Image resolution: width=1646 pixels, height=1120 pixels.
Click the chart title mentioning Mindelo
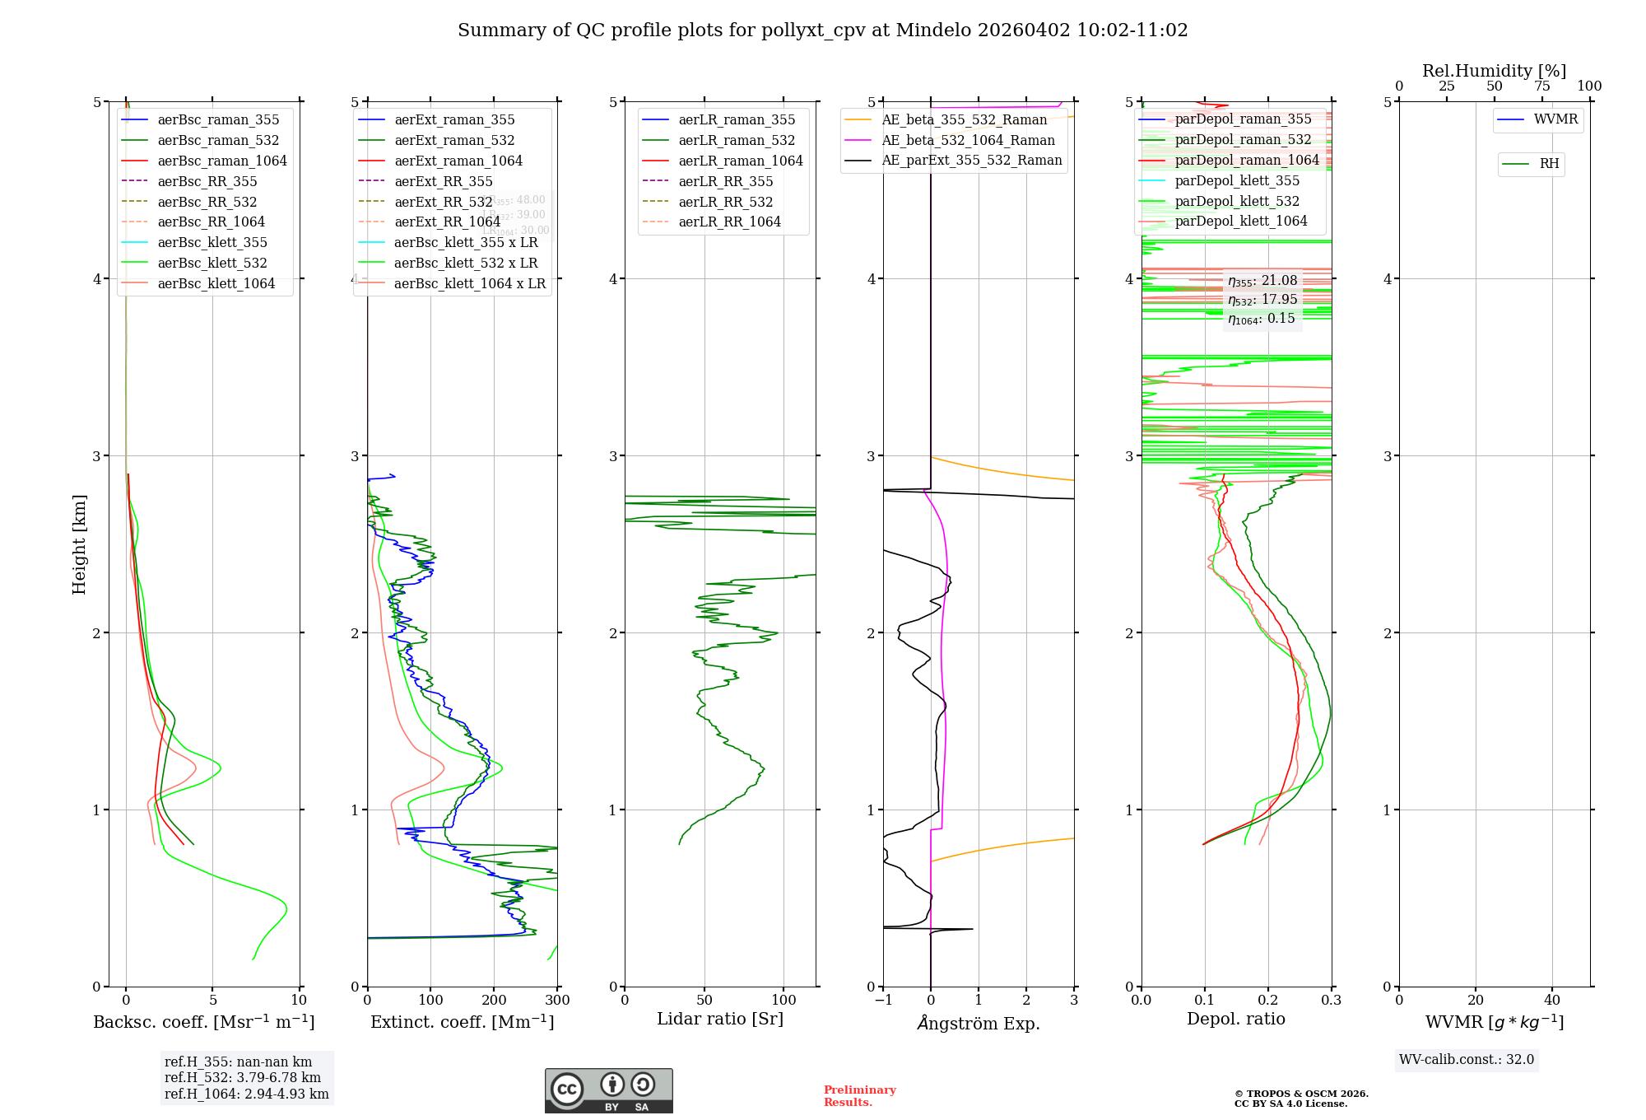(x=822, y=30)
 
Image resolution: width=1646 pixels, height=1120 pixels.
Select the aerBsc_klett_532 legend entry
(x=212, y=264)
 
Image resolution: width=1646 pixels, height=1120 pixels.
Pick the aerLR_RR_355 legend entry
(x=725, y=182)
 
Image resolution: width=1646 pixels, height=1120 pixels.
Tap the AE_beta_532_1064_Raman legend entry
(x=968, y=141)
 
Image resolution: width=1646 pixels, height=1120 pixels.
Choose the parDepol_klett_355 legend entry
(x=1237, y=181)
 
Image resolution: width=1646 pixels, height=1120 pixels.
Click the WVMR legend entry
(x=1555, y=119)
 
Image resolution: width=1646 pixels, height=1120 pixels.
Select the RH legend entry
(x=1549, y=164)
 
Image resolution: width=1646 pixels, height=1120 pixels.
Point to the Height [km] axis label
(x=79, y=544)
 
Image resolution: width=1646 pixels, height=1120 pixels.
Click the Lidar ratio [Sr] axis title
(x=720, y=1019)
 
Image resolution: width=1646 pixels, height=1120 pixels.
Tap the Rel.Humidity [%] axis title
(x=1494, y=71)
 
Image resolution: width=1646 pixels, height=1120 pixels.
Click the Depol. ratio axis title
(x=1235, y=1019)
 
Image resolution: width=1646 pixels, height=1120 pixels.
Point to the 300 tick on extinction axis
(x=557, y=1001)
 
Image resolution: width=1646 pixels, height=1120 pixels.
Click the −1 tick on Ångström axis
(x=883, y=1001)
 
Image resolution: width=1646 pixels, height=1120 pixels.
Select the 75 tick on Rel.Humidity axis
(x=1541, y=86)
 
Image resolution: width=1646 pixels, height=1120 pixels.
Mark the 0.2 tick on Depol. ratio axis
(x=1268, y=1001)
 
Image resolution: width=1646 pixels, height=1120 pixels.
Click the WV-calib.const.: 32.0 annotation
(x=1466, y=1060)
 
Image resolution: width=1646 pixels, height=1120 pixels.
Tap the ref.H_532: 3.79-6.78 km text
(x=243, y=1078)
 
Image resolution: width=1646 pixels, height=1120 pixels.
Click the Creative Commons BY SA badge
(x=608, y=1091)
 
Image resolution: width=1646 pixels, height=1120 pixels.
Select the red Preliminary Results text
(x=859, y=1096)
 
